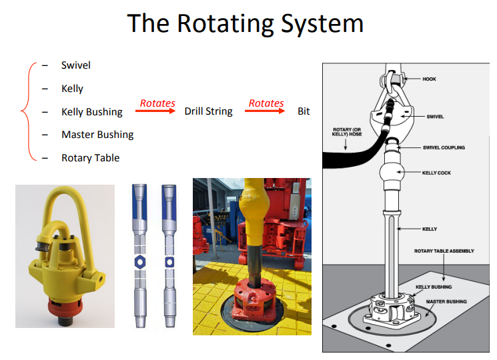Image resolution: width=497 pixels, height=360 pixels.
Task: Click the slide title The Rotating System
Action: (245, 23)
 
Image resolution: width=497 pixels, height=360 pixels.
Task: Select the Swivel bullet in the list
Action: (75, 65)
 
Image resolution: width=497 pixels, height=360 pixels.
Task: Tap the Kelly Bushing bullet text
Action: (91, 111)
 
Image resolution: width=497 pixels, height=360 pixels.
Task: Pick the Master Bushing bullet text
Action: (97, 135)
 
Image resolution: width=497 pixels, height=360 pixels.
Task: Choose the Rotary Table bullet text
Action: (90, 158)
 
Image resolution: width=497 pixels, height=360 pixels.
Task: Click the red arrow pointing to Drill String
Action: (157, 111)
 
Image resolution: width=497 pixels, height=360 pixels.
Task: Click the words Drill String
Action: (208, 111)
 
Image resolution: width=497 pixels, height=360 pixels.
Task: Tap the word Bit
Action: (304, 111)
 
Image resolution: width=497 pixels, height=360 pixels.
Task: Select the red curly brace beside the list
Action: (27, 111)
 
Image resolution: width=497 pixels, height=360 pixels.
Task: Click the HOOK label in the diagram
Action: (430, 79)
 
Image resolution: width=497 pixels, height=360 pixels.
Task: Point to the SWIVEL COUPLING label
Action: (444, 147)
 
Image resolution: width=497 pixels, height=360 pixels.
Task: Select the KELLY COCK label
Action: (436, 173)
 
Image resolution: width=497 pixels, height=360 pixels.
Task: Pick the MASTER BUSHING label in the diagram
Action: (446, 301)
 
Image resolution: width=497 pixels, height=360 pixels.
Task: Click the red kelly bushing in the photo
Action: (252, 303)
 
